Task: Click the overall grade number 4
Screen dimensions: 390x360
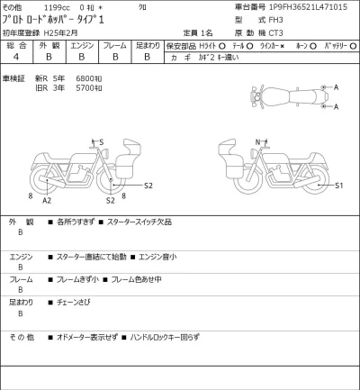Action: pos(17,56)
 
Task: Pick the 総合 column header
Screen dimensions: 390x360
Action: pos(17,43)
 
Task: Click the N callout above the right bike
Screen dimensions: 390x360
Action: pos(257,141)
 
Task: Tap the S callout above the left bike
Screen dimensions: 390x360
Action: pos(101,142)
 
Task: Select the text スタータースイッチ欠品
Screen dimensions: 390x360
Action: pos(143,222)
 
